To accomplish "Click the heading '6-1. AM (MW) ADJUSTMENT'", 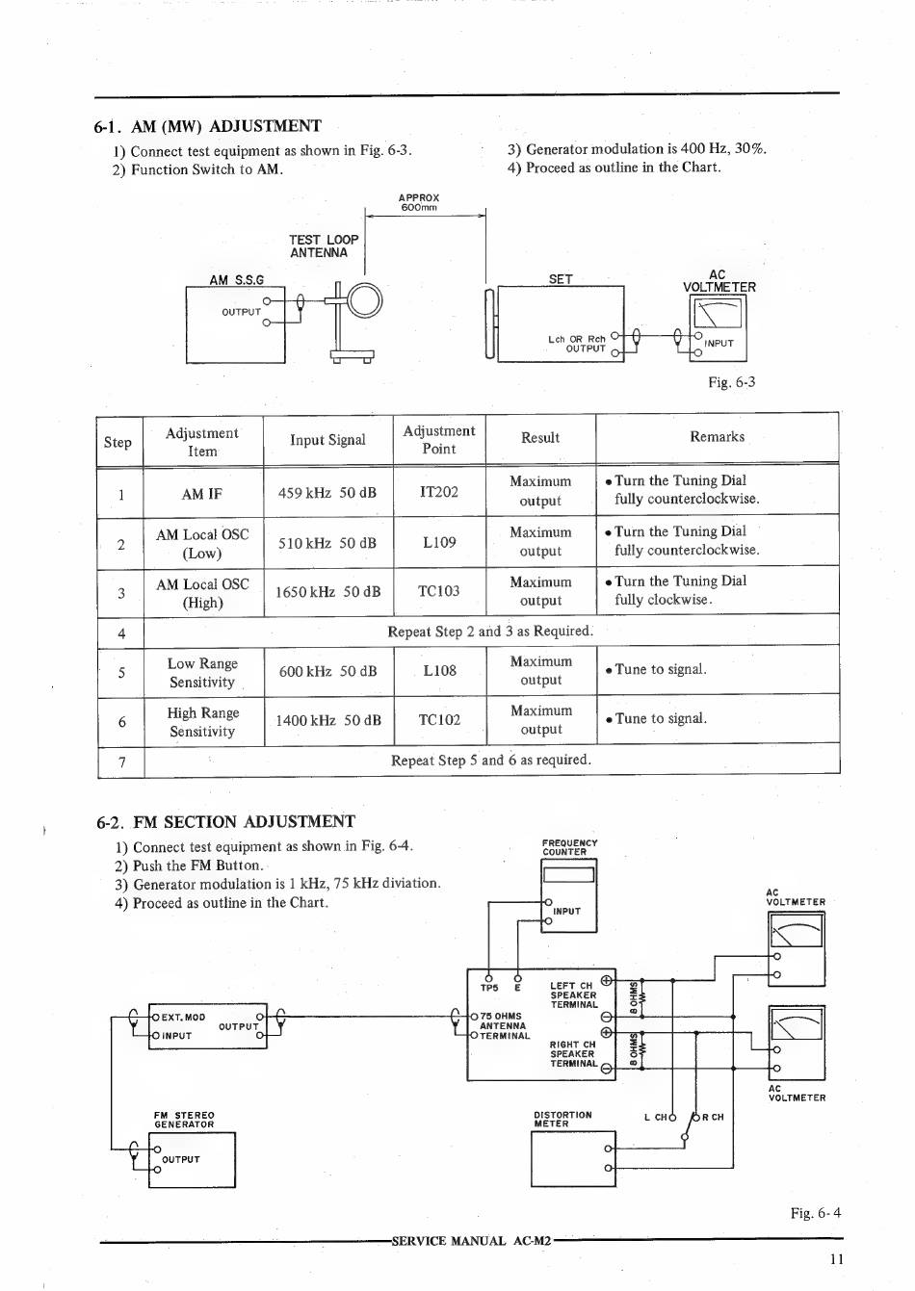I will [208, 126].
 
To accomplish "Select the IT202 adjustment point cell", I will [439, 492].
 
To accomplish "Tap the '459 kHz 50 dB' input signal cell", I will [327, 493].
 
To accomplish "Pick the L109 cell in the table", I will [439, 542].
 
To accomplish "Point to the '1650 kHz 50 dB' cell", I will [327, 592].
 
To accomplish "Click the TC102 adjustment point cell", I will [439, 720].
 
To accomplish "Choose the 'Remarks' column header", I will [717, 437].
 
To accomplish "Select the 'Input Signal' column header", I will [327, 440].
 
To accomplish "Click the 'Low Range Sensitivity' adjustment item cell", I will [202, 672].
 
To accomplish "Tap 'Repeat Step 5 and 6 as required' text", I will [491, 760].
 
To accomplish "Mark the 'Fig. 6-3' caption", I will [732, 382].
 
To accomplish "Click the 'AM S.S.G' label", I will [236, 280].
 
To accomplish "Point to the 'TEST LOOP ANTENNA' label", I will [324, 246].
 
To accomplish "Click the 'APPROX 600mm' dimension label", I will [419, 202].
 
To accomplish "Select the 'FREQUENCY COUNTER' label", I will [569, 847].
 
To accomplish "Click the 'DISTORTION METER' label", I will [562, 1119].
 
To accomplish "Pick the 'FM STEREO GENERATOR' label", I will [184, 1120].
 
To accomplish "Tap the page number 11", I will [835, 1258].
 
